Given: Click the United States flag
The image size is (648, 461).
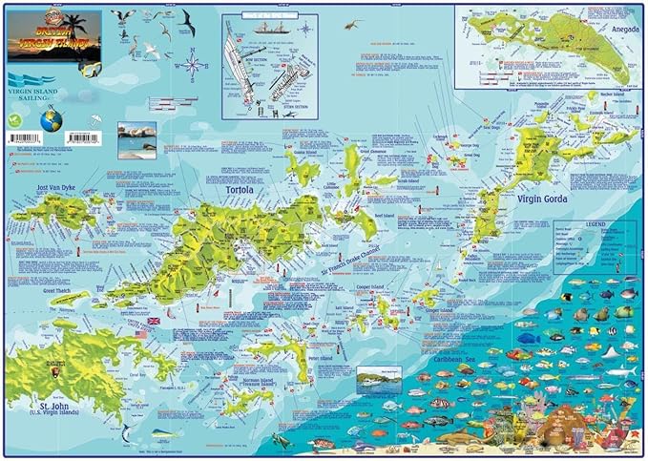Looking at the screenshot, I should [140, 334].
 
